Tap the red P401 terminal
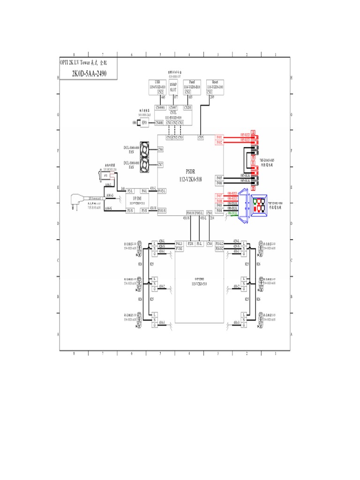[x=219, y=137]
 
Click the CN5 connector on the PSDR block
[x=200, y=137]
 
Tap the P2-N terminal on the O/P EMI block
[x=190, y=244]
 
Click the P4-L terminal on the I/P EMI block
[x=145, y=191]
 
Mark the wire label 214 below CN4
[x=212, y=218]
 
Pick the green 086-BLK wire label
[x=232, y=212]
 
